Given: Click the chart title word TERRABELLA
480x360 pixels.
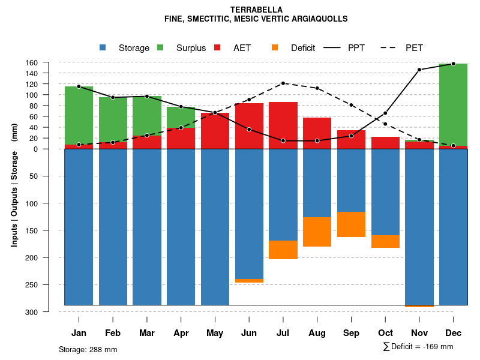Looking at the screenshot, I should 256,10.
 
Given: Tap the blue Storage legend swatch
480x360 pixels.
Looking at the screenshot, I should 103,47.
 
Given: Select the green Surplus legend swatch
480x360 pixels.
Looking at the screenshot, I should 160,47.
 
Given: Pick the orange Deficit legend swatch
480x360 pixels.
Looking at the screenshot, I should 275,47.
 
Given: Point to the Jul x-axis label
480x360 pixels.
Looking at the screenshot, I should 283,333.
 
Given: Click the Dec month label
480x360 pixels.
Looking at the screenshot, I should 454,333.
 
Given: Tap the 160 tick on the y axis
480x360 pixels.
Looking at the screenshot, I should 49,62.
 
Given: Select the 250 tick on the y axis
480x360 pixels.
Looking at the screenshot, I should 49,285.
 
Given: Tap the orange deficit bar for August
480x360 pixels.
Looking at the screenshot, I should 317,232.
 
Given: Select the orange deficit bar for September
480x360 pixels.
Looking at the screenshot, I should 352,224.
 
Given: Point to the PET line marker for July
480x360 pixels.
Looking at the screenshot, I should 283,83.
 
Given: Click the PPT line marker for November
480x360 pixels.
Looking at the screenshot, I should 419,70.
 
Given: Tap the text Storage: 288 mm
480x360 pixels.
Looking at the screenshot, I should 88,349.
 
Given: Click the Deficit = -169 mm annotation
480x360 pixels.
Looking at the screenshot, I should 418,347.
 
